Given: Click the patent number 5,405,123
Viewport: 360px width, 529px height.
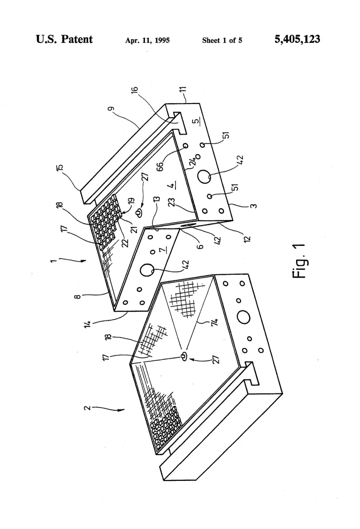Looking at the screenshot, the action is point(297,40).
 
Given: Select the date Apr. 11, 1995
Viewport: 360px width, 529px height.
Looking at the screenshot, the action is point(148,40).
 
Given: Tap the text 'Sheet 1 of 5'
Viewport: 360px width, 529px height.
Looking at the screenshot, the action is point(222,40).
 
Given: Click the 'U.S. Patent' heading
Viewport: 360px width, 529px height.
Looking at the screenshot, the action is point(64,39).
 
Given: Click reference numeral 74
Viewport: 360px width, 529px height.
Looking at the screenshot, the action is point(214,322).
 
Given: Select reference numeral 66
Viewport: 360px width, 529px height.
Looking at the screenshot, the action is point(160,166).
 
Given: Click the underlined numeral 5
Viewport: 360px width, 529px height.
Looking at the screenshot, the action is point(196,121).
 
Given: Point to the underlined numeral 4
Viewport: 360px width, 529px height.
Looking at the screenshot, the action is point(172,185).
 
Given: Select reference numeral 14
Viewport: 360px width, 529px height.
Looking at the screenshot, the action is point(88,324).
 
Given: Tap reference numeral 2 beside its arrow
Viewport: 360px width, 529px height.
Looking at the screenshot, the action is point(87,408).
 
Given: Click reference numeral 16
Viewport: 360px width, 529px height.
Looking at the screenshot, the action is point(135,90).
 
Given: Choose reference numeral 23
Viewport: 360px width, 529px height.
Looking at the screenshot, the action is point(172,202).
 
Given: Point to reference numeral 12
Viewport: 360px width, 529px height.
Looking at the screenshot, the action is point(247,239).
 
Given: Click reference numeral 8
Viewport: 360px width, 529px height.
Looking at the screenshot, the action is point(77,296).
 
